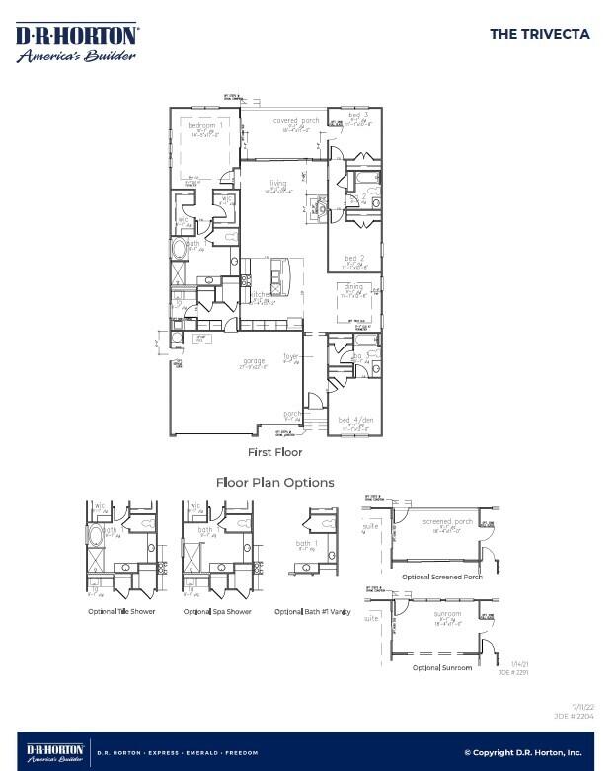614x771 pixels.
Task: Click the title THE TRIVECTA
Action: pyautogui.click(x=539, y=34)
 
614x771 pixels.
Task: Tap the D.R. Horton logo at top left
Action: pyautogui.click(x=76, y=42)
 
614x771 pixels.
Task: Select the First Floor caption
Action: pyautogui.click(x=274, y=452)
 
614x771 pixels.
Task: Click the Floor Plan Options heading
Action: pyautogui.click(x=274, y=483)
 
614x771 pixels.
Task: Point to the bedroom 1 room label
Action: pyautogui.click(x=206, y=126)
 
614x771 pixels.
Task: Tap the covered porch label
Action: pyautogui.click(x=296, y=120)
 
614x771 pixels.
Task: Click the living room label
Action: pyautogui.click(x=278, y=183)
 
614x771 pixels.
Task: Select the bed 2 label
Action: pyautogui.click(x=355, y=259)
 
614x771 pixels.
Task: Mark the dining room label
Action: pyautogui.click(x=353, y=287)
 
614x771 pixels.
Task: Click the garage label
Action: pyautogui.click(x=254, y=361)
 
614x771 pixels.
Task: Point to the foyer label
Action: pyautogui.click(x=291, y=356)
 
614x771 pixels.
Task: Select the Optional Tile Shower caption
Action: pyautogui.click(x=121, y=612)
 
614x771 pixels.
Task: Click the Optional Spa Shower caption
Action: pyautogui.click(x=217, y=612)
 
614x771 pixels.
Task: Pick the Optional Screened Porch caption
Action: pyautogui.click(x=442, y=577)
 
